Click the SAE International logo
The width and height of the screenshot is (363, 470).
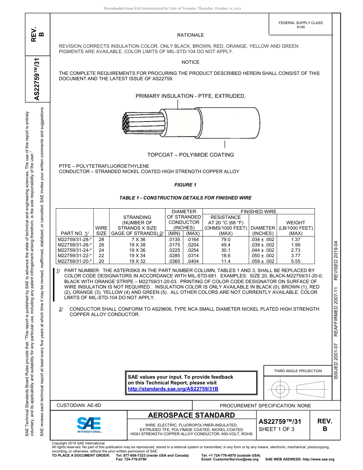(89, 425)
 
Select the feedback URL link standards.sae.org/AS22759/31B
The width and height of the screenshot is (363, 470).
(173, 389)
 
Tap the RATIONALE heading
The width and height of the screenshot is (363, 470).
(190, 35)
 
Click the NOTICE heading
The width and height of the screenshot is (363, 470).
(190, 62)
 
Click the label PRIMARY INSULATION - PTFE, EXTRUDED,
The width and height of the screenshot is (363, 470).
(190, 96)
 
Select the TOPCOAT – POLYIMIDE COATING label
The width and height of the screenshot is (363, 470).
(190, 155)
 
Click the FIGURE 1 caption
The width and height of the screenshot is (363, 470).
(185, 185)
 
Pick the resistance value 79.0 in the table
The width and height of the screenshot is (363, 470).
(225, 240)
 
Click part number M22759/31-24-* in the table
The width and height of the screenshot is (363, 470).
(75, 250)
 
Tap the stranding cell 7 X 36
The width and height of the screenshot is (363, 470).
(136, 240)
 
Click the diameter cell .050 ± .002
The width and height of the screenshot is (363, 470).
(263, 256)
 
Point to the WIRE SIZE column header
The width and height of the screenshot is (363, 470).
(101, 230)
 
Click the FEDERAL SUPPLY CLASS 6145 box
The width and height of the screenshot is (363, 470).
(300, 25)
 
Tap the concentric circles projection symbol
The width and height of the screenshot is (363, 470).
(280, 390)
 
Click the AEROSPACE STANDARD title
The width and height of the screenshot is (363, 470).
(191, 415)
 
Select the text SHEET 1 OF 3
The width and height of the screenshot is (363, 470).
(276, 429)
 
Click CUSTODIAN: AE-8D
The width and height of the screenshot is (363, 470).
(79, 405)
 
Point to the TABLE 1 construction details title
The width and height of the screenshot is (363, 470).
(185, 198)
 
